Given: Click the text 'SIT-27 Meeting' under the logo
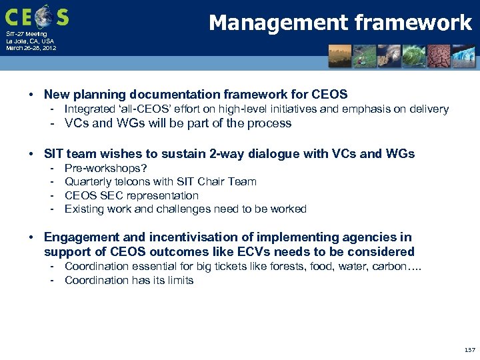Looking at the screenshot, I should [26, 33].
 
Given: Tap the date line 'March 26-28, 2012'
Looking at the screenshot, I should [31, 48].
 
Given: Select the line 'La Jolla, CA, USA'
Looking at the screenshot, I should [30, 41].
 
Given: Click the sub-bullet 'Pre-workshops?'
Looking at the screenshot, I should [105, 169].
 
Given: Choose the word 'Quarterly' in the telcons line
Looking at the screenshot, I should [86, 182].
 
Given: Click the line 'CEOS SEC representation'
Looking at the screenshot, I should [131, 195].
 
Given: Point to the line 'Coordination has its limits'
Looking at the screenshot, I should [129, 280].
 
